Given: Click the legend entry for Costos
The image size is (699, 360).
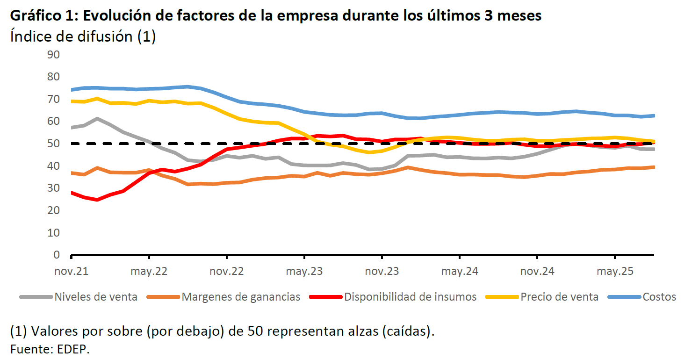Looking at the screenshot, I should click(659, 297).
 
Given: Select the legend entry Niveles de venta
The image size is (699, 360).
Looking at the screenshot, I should click(96, 297).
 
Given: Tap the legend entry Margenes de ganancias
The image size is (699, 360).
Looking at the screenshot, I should click(241, 297).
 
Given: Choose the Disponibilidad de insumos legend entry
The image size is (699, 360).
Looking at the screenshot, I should click(410, 297).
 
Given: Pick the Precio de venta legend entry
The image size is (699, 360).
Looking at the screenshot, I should click(559, 297).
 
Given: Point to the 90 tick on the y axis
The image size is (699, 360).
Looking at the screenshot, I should click(54, 55).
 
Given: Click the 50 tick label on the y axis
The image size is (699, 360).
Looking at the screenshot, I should click(54, 144).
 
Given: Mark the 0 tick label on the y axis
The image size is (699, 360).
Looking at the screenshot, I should click(57, 255).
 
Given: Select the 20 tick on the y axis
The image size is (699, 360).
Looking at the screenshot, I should click(54, 210).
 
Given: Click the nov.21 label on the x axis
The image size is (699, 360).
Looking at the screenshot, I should click(71, 272).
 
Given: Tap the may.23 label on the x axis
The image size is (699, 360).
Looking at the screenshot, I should click(304, 272).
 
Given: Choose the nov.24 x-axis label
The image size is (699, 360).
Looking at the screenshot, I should click(537, 272).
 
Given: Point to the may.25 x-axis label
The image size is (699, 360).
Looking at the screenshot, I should click(615, 272).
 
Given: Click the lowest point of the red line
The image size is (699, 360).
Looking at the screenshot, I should click(97, 200).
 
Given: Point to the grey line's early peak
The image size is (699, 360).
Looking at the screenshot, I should click(97, 118).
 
